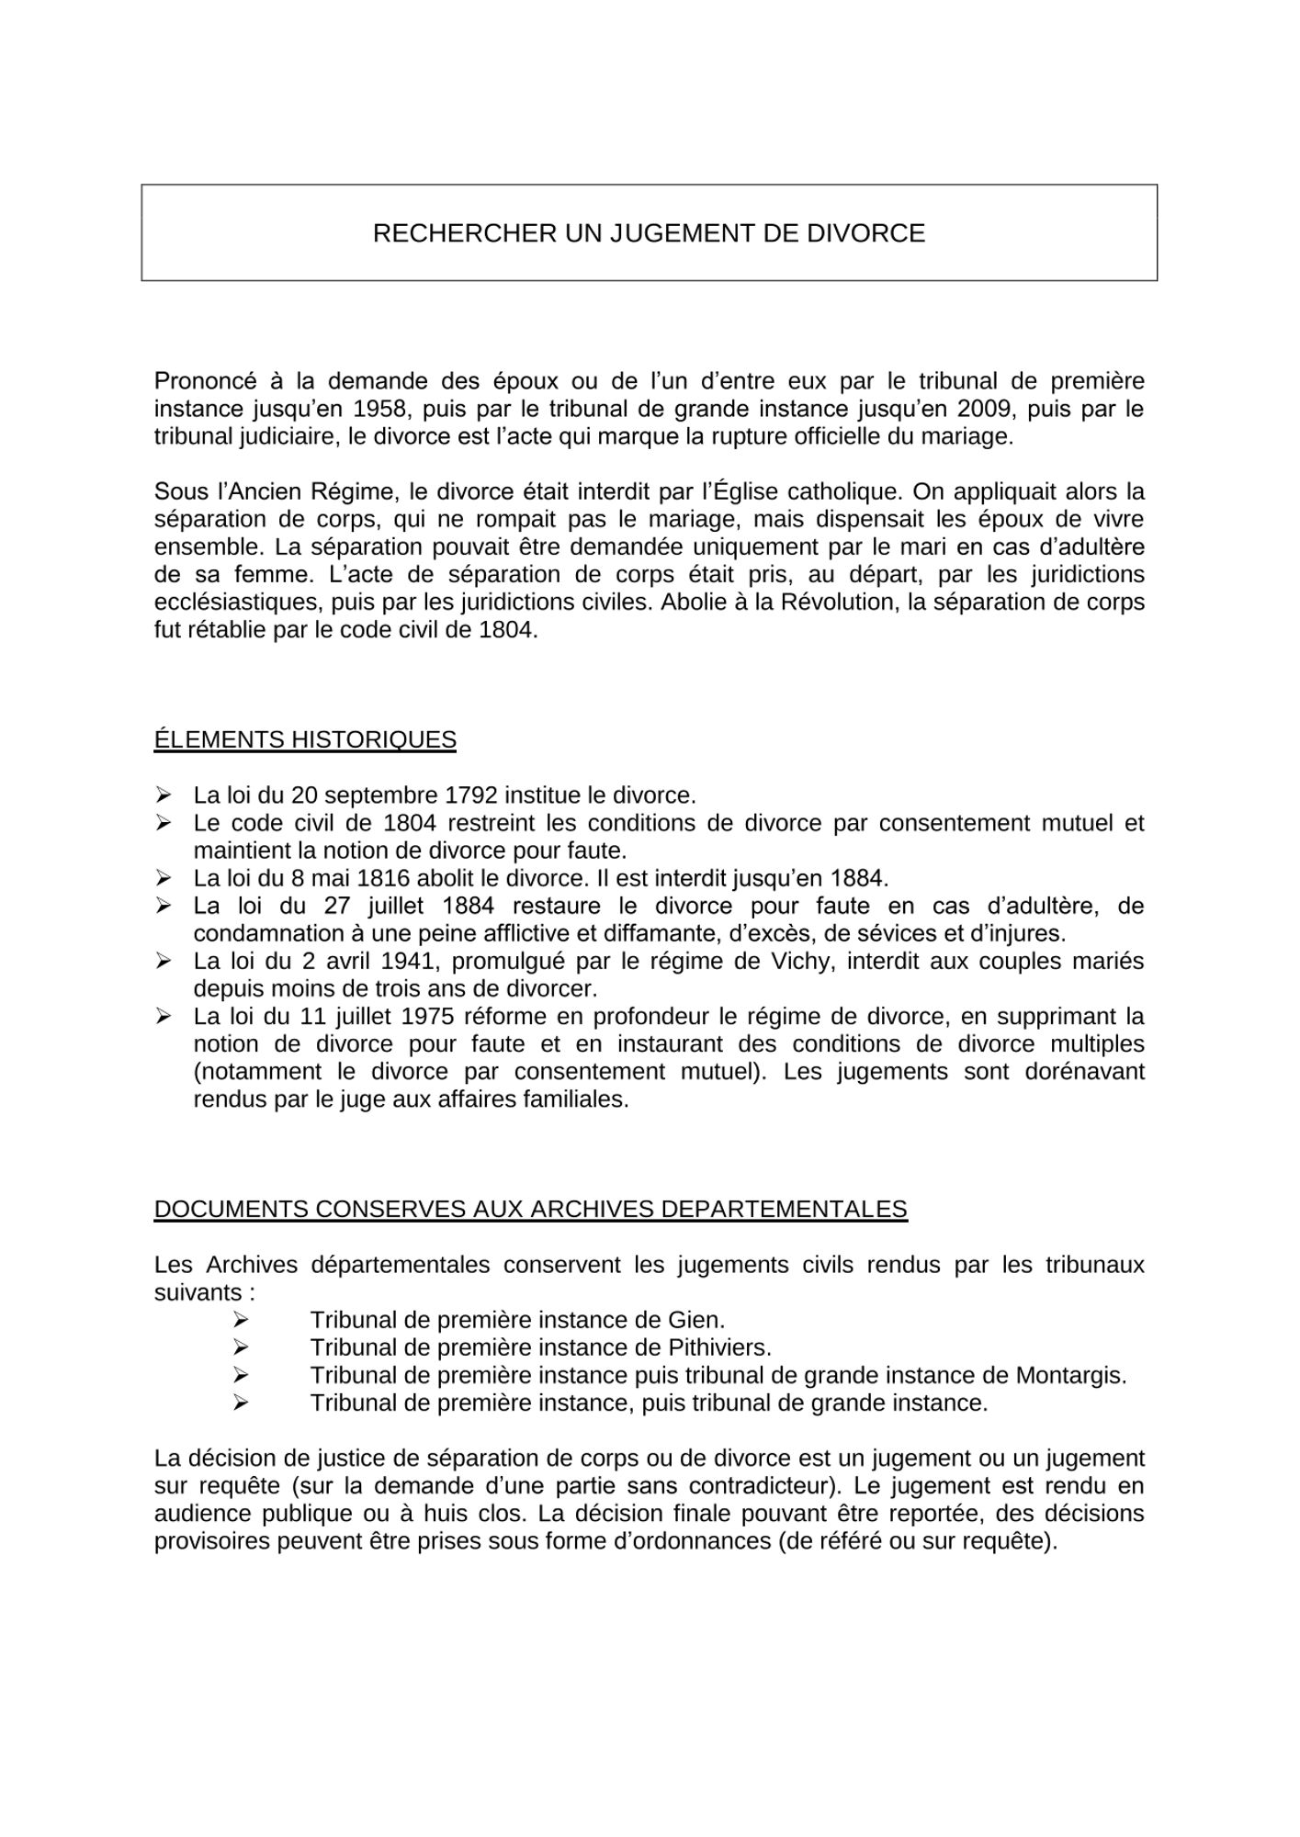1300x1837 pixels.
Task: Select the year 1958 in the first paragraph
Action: pyautogui.click(x=380, y=409)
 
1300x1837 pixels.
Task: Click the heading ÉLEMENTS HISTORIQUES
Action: pyautogui.click(x=305, y=740)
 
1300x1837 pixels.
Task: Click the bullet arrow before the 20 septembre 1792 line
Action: pyautogui.click(x=164, y=795)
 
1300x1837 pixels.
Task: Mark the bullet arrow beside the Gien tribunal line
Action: pyautogui.click(x=241, y=1320)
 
